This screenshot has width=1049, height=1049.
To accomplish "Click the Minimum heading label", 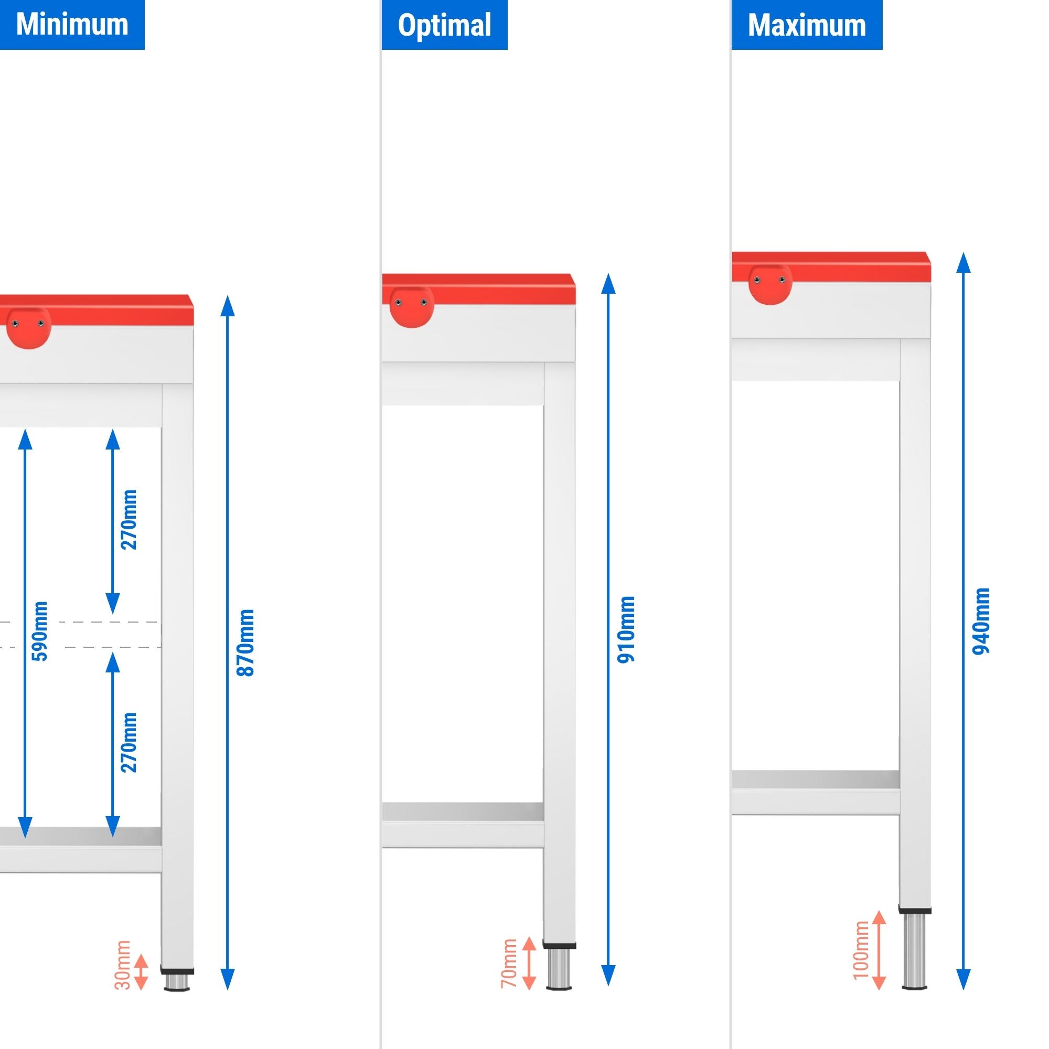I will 72,25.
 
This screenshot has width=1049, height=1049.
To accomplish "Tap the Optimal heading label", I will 444,25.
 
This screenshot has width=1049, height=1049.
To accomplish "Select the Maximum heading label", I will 806,25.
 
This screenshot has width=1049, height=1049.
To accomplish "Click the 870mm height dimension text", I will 246,643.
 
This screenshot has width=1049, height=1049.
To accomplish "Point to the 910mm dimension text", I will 626,629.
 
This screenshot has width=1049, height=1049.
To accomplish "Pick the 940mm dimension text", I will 981,621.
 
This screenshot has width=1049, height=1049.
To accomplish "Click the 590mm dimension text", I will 40,631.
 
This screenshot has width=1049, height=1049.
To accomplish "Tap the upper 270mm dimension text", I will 129,520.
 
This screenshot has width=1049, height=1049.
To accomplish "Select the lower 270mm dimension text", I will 129,742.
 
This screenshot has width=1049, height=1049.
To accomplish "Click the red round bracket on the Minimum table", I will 29,327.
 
